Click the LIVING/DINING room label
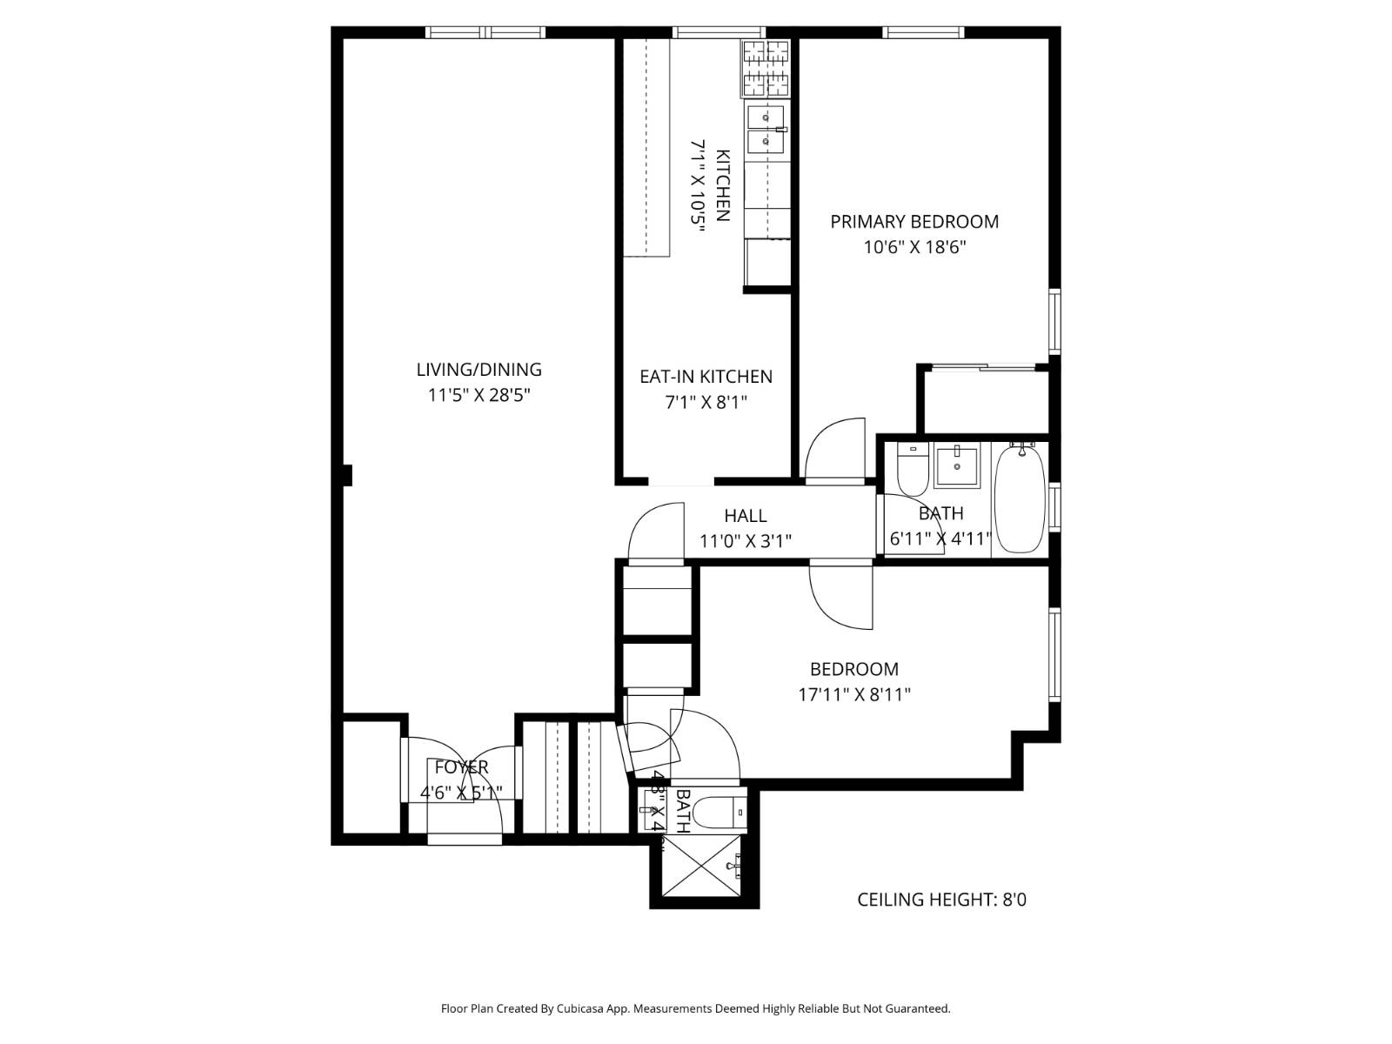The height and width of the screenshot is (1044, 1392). pyautogui.click(x=478, y=370)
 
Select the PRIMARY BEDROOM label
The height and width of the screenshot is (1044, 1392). pyautogui.click(x=914, y=222)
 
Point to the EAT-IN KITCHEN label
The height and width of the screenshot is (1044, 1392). pyautogui.click(x=706, y=377)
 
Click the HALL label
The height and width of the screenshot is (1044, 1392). pyautogui.click(x=746, y=516)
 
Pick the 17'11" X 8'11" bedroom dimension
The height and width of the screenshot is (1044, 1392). pyautogui.click(x=854, y=694)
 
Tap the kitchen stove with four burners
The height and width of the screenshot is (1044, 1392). pyautogui.click(x=765, y=69)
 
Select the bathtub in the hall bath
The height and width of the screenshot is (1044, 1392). pyautogui.click(x=1019, y=499)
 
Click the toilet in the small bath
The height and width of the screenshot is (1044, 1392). pyautogui.click(x=726, y=811)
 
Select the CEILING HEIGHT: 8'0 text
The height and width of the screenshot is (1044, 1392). pyautogui.click(x=941, y=900)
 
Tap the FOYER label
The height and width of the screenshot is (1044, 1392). pyautogui.click(x=461, y=767)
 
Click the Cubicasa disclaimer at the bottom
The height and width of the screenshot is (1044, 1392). pyautogui.click(x=695, y=1009)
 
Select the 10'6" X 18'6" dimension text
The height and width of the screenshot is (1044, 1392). pyautogui.click(x=914, y=247)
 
